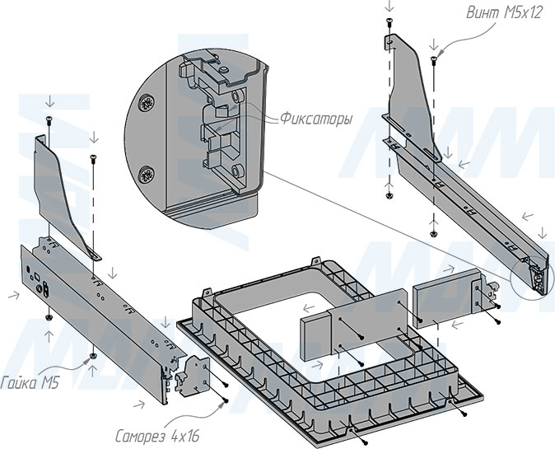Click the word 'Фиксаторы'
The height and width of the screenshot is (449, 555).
tap(315, 119)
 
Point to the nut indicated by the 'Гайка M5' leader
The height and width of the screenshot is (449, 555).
tap(93, 355)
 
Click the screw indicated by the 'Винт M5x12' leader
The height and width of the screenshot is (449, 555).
tap(434, 59)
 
